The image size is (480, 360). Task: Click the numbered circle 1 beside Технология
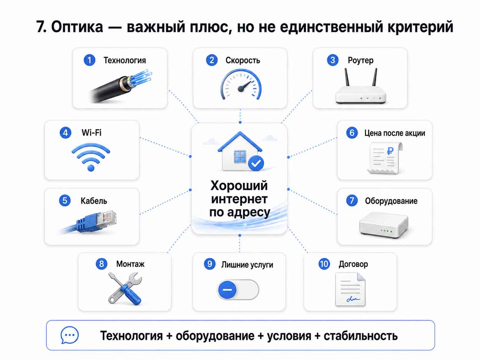tap(89, 60)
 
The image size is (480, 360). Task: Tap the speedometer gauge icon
tap(240, 84)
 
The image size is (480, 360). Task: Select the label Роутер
tap(361, 60)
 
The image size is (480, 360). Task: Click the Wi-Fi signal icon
tap(91, 157)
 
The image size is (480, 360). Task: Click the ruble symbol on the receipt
tap(390, 151)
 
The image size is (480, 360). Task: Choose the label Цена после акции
tap(395, 133)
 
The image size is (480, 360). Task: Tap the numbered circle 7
tap(352, 201)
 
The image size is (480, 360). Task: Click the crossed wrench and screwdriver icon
tap(125, 288)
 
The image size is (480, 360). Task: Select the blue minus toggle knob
tap(227, 290)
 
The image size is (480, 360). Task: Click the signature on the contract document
tap(353, 299)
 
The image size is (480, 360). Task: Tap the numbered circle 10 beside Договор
tap(324, 264)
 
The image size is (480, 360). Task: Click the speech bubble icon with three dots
tap(70, 335)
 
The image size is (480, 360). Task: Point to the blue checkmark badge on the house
tap(256, 163)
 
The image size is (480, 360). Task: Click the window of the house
tap(240, 157)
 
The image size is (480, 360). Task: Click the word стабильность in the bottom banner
tap(361, 336)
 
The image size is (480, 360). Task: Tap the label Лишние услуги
tap(247, 265)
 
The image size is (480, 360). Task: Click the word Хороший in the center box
tap(239, 186)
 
